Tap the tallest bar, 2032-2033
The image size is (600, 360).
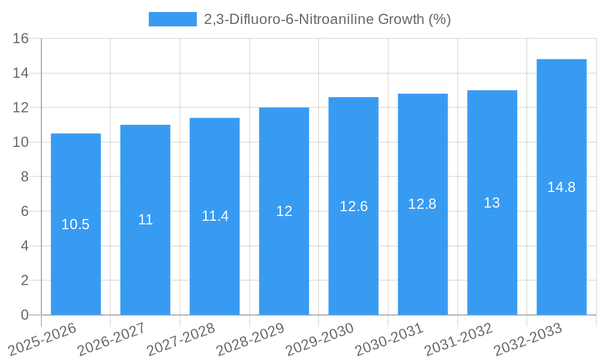click(x=562, y=252)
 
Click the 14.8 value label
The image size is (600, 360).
click(x=562, y=187)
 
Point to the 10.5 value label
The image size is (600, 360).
click(x=76, y=224)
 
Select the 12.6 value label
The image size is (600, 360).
click(x=353, y=206)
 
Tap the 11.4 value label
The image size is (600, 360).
click(x=215, y=216)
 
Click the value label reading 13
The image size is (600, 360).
click(x=492, y=203)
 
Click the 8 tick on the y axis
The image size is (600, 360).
click(x=25, y=177)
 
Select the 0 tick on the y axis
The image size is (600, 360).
click(x=25, y=315)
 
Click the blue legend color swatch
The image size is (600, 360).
click(x=173, y=19)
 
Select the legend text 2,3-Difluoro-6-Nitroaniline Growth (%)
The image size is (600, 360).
click(x=327, y=19)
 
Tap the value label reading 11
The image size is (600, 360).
click(x=145, y=220)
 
